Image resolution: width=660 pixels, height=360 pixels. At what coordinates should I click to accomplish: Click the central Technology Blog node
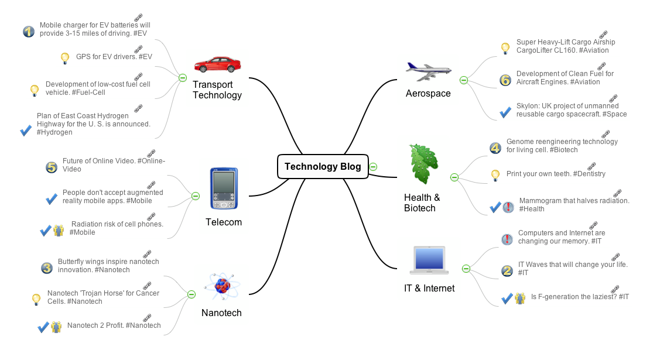[323, 166]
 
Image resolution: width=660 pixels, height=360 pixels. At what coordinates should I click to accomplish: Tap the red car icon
[217, 64]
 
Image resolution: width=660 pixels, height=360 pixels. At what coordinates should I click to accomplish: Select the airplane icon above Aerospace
[428, 71]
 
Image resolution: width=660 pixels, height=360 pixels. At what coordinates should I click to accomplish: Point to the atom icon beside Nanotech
[221, 286]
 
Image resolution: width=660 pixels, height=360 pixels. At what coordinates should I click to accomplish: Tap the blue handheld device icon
[224, 188]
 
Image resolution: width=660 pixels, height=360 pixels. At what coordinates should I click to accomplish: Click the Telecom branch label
[224, 222]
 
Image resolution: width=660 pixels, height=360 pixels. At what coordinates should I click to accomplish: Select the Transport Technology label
[217, 90]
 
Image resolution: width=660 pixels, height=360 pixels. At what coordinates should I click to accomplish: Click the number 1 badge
[28, 31]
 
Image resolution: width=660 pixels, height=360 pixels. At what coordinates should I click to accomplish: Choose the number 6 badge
[505, 80]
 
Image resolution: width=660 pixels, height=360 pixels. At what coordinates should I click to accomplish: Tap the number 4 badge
[495, 148]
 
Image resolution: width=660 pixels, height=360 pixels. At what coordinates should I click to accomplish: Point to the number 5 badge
[51, 167]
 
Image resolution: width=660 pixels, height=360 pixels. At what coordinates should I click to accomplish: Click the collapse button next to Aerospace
[463, 80]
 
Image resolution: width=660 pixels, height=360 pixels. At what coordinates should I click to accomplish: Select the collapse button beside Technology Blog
[373, 167]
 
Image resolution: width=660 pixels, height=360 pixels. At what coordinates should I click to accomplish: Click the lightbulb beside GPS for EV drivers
[65, 58]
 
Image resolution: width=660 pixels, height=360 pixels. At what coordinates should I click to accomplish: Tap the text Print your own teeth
[556, 174]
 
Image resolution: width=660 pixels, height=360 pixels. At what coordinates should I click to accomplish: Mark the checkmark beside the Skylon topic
[505, 112]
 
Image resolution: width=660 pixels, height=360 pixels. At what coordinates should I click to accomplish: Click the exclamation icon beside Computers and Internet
[507, 239]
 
